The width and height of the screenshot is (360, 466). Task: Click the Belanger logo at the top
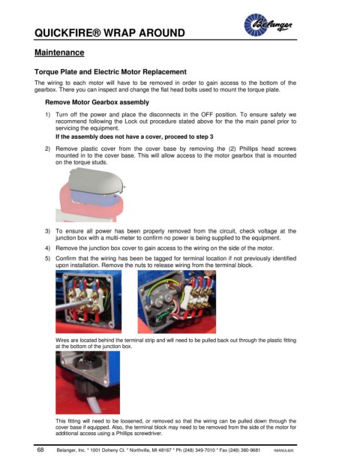268,25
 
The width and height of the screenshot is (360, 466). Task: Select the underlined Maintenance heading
59,53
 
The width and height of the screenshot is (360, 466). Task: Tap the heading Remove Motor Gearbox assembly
97,102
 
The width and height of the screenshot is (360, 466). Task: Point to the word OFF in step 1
207,115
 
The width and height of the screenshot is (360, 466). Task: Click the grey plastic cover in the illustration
96,182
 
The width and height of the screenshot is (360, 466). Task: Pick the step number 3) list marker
47,231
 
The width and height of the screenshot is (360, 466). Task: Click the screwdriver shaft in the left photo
73,305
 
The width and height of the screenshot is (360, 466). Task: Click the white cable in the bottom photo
93,404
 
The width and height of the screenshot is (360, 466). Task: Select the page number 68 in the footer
40,449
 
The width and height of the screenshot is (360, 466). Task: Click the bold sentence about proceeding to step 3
134,137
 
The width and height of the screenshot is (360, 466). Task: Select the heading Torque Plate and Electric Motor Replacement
110,72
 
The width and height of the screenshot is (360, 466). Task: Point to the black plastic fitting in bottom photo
85,385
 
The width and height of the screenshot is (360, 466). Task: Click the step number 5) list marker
47,259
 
